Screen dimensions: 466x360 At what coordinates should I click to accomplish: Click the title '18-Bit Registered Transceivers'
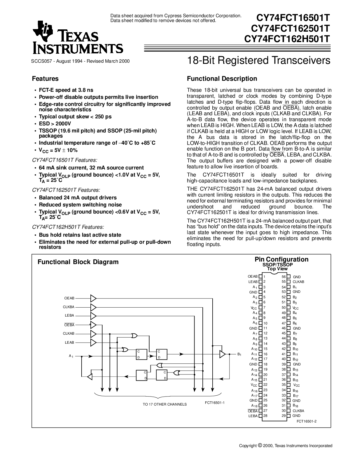click(x=259, y=60)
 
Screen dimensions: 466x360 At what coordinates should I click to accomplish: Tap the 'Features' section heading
click(x=45, y=79)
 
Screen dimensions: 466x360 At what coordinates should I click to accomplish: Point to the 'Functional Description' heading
click(x=222, y=79)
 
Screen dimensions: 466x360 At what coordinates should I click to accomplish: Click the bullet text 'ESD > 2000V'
click(x=55, y=124)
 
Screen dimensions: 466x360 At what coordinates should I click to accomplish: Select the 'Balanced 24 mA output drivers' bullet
click(x=78, y=198)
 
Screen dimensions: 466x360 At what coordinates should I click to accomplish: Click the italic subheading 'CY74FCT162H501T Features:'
click(x=68, y=227)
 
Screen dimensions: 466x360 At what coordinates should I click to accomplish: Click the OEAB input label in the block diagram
click(x=69, y=298)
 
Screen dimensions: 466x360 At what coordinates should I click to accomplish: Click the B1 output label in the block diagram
click(x=239, y=354)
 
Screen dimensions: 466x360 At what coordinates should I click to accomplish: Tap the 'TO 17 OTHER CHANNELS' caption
click(x=165, y=404)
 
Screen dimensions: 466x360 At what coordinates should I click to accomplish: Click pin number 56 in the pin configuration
click(x=284, y=277)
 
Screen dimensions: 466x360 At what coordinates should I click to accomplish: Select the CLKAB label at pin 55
click(x=298, y=282)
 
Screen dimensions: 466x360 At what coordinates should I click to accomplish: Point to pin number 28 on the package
click(x=265, y=416)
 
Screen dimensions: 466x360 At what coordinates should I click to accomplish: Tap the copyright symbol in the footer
click(x=260, y=445)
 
